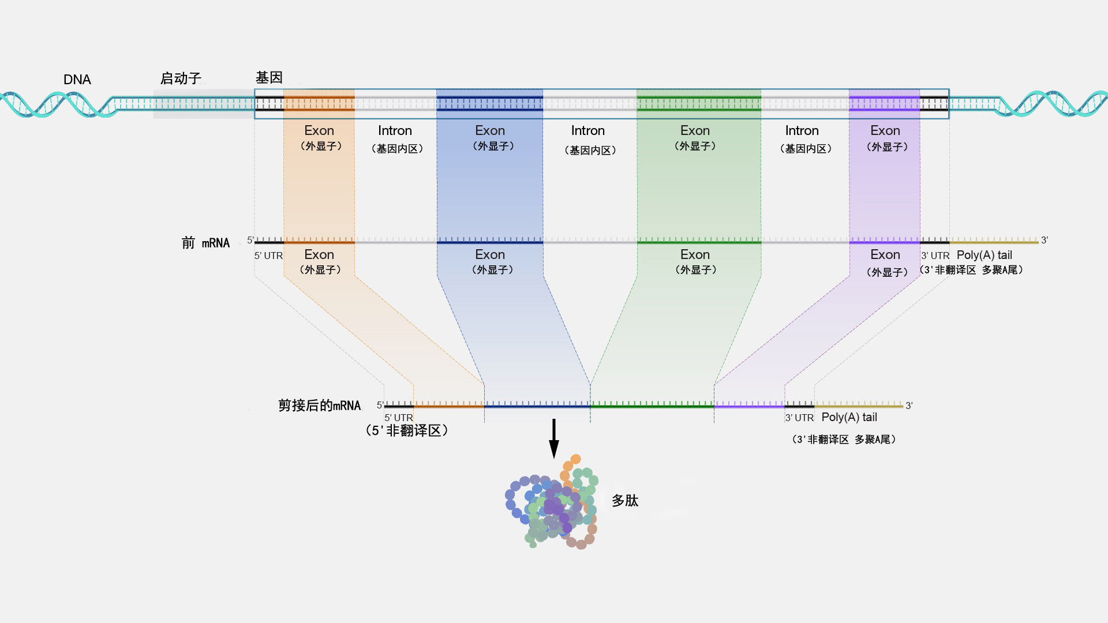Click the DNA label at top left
pos(77,80)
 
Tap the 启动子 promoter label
pos(181,78)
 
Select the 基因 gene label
pos(269,77)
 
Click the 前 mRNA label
pos(205,243)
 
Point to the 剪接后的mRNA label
pos(319,406)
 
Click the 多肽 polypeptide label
pos(625,501)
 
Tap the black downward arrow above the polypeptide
pos(554,438)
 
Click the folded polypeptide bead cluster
pos(552,505)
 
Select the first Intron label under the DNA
pos(395,131)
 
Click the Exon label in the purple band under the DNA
pos(885,131)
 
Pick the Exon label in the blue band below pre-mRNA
pos(490,255)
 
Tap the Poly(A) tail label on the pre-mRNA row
pos(984,255)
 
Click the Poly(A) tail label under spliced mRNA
pos(849,417)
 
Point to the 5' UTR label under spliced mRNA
pos(399,418)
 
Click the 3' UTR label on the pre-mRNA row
pos(935,256)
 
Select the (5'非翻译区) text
pos(407,430)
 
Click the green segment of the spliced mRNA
pos(652,406)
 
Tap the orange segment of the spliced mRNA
pos(449,406)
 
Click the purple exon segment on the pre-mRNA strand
pos(885,242)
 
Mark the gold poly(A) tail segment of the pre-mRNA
pos(994,242)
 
